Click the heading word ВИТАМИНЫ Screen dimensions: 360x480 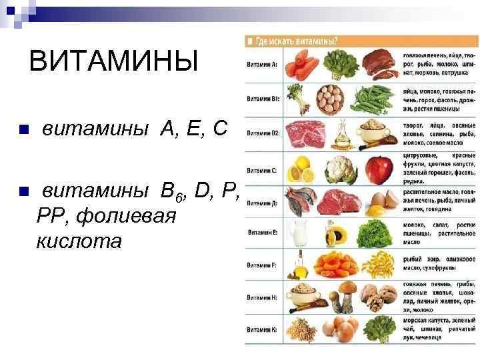(114, 63)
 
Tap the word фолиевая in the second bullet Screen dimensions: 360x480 (127, 216)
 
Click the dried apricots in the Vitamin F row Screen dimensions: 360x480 (337, 265)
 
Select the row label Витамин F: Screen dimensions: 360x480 (262, 265)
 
